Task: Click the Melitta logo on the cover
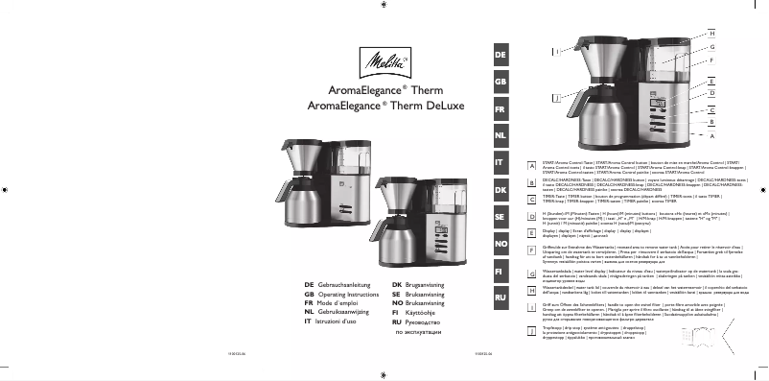pyautogui.click(x=384, y=65)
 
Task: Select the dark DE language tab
pyautogui.click(x=499, y=56)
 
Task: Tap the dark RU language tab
pyautogui.click(x=499, y=299)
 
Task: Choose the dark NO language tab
pyautogui.click(x=499, y=245)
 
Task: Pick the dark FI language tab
pyautogui.click(x=499, y=273)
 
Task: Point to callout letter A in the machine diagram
pyautogui.click(x=711, y=136)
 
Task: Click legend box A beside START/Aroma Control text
pyautogui.click(x=531, y=166)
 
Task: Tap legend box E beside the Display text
pyautogui.click(x=531, y=232)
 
